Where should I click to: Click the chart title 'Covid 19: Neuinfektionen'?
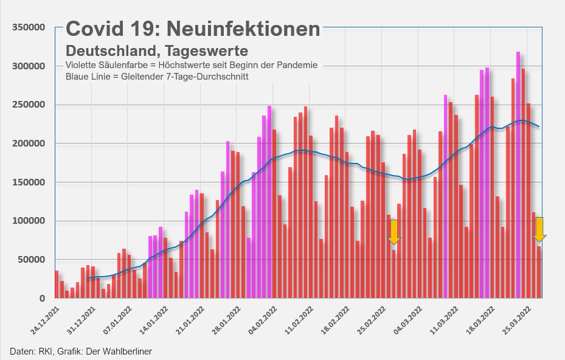193,29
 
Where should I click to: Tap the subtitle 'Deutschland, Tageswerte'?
157,50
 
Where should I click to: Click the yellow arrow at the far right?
539,229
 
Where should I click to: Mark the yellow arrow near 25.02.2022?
394,232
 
